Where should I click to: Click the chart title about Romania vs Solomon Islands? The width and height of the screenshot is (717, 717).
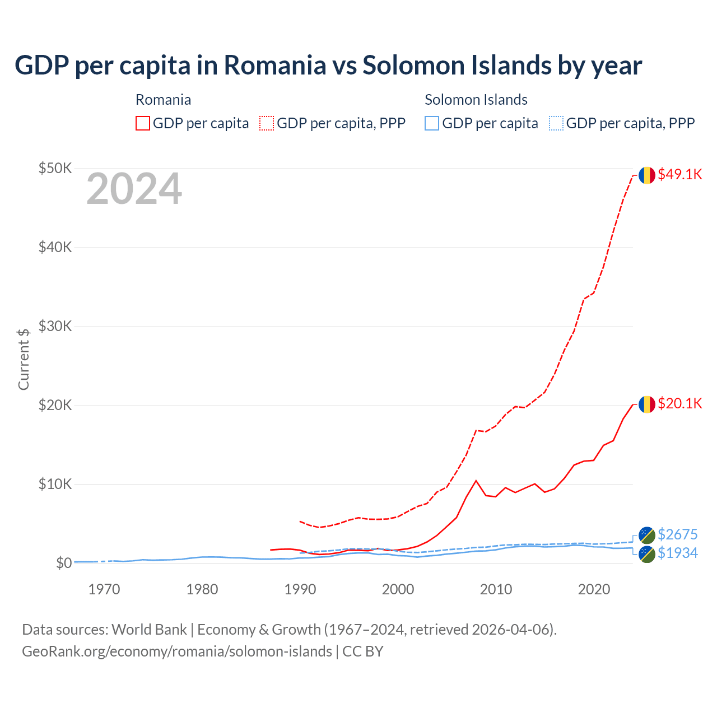tap(328, 66)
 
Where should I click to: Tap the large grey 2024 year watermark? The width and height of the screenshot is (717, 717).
tap(134, 189)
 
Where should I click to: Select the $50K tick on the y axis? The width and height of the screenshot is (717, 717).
tap(55, 168)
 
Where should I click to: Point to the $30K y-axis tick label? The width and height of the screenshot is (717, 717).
tap(55, 326)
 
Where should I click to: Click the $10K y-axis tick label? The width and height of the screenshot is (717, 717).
tap(55, 484)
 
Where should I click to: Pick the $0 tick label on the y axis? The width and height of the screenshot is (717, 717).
tap(63, 563)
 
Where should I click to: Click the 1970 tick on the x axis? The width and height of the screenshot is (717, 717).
tap(104, 589)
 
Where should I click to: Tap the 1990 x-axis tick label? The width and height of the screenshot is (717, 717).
tap(300, 589)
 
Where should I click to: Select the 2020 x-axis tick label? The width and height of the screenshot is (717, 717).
tap(594, 589)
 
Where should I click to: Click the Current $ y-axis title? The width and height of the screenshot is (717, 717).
tap(24, 358)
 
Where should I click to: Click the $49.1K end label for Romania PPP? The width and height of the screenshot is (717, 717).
tap(679, 174)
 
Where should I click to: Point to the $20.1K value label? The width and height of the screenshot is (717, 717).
tap(679, 403)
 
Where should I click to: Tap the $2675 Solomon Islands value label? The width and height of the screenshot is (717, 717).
tap(677, 534)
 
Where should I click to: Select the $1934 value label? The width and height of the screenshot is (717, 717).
tap(677, 553)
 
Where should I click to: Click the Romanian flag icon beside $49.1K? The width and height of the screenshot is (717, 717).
tap(647, 175)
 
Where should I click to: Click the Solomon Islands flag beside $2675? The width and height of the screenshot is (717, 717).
tap(647, 535)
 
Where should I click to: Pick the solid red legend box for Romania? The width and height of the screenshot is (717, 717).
tap(143, 123)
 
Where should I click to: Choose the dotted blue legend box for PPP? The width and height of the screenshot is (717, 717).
tap(556, 123)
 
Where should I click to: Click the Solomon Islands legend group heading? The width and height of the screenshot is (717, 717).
tap(476, 100)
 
